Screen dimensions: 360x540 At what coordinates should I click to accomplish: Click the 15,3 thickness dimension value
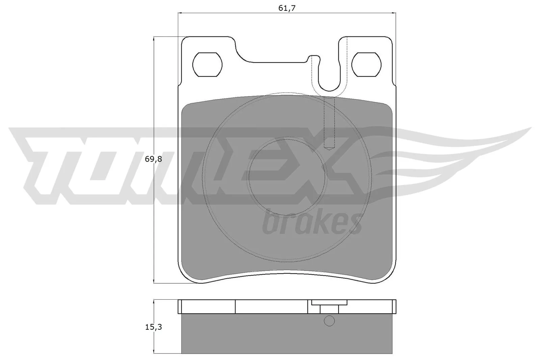pyautogui.click(x=154, y=327)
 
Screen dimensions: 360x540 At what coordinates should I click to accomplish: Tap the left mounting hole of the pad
pyautogui.click(x=207, y=64)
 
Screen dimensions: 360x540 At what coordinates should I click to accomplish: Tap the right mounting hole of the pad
pyautogui.click(x=367, y=64)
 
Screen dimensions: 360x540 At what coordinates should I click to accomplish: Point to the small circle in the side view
pyautogui.click(x=329, y=321)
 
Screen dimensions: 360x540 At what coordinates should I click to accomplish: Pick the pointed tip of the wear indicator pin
pyautogui.click(x=329, y=147)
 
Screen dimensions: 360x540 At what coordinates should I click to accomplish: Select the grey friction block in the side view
pyautogui.click(x=287, y=334)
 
